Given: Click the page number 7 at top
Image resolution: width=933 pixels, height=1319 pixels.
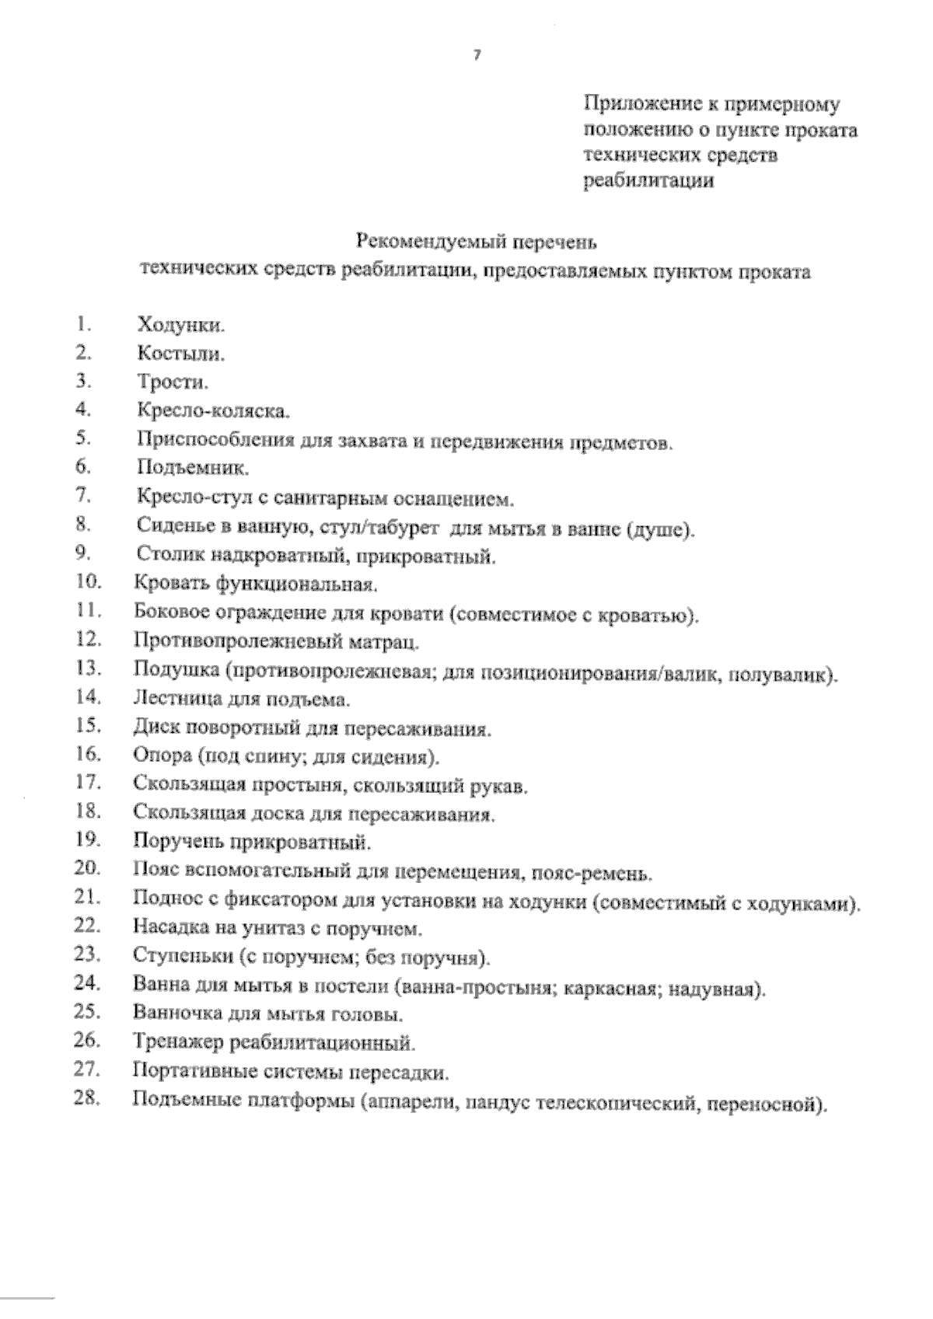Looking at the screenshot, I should pos(476,55).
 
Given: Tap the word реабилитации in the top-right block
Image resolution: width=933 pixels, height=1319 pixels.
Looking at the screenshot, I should pos(648,182).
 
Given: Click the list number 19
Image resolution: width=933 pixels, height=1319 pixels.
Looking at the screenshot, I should pos(88,839).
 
